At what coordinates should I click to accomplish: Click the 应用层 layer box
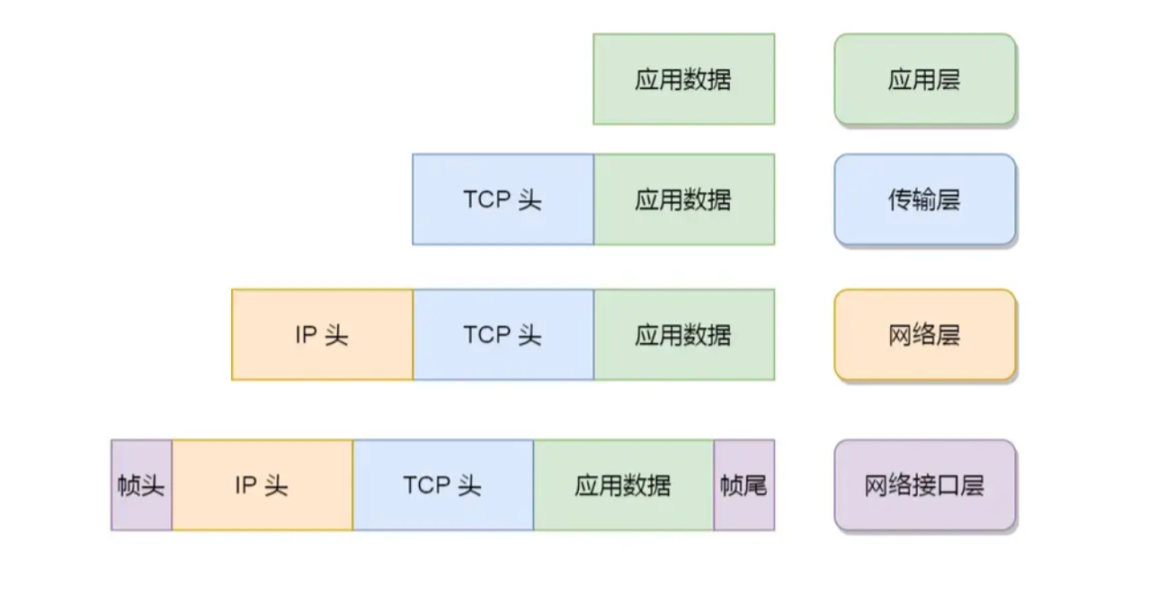[924, 79]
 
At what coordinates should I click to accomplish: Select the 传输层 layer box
[924, 199]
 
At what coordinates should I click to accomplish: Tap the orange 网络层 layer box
[924, 335]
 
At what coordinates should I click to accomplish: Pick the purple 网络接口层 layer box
[924, 485]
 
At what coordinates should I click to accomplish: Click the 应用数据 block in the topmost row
[683, 79]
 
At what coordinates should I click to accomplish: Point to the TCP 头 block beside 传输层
[503, 199]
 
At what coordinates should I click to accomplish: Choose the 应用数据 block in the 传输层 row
[683, 199]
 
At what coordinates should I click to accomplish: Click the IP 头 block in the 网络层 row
[322, 335]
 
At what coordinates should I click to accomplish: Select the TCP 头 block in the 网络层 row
[503, 335]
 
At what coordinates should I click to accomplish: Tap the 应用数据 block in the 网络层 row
[683, 335]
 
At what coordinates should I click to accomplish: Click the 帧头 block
[141, 485]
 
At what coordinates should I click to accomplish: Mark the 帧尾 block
[744, 485]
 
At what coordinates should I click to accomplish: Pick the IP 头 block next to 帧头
[262, 485]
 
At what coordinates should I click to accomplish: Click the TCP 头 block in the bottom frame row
[442, 485]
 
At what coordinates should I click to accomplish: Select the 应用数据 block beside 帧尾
[623, 485]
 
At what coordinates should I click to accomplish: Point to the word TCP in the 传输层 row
[485, 199]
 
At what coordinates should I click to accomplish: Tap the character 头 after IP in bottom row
[276, 486]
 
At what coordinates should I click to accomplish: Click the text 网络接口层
[924, 486]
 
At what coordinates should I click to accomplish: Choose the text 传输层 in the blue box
[924, 199]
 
